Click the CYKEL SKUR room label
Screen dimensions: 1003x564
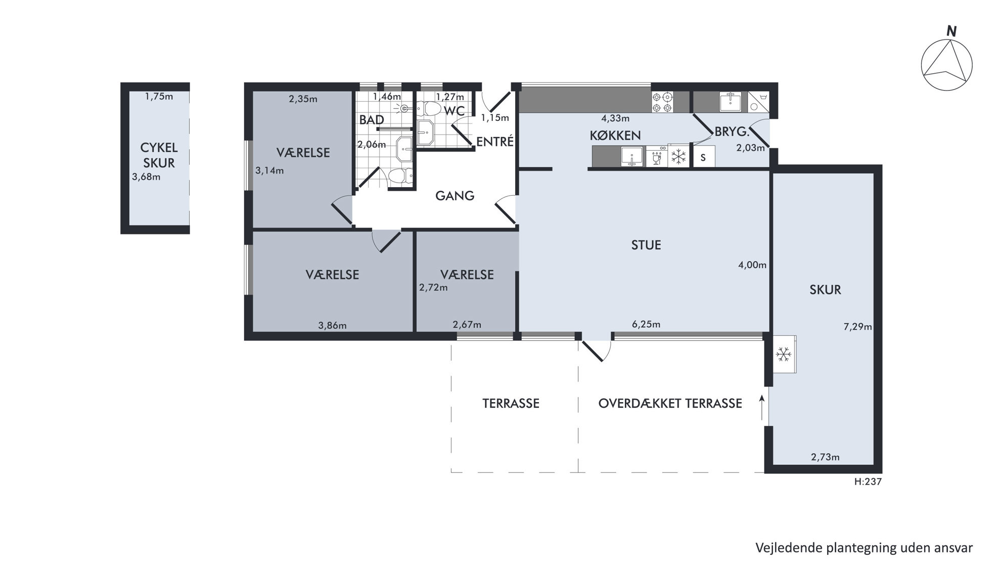(x=159, y=155)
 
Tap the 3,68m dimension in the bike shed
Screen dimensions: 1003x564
(x=146, y=177)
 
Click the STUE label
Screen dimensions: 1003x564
(x=646, y=245)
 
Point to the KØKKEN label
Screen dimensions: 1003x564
(x=615, y=136)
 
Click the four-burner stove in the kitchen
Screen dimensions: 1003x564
(x=662, y=102)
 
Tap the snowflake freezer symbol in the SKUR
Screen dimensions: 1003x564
(x=784, y=354)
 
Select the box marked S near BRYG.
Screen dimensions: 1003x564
(x=703, y=157)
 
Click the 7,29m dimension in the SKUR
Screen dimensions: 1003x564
(x=857, y=327)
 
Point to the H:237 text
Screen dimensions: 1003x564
(x=868, y=482)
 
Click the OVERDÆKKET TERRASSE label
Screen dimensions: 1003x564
(x=670, y=404)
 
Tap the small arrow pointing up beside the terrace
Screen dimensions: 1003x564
(x=761, y=407)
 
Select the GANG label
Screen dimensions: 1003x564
(x=455, y=196)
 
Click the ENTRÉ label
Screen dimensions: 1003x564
(x=495, y=142)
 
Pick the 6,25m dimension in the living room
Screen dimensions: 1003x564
(x=646, y=324)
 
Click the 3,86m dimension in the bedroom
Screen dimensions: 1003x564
(x=332, y=325)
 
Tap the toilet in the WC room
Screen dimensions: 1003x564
(x=430, y=108)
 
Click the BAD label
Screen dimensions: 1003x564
(x=372, y=120)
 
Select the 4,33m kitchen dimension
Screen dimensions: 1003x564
(x=615, y=119)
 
